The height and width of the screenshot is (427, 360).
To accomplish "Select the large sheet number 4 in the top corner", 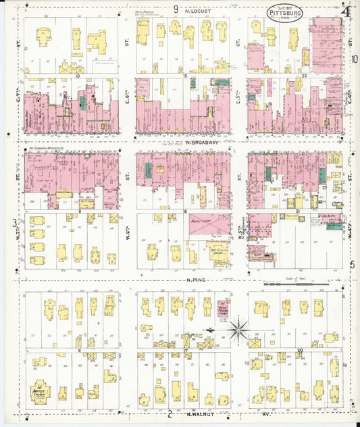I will (x=346, y=11).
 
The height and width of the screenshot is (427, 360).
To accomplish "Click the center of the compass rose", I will (x=238, y=330).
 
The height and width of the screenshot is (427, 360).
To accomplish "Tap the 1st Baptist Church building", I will (x=42, y=392).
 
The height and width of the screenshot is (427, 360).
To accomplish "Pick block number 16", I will (x=184, y=211).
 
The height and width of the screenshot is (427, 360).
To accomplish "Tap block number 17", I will (x=185, y=350).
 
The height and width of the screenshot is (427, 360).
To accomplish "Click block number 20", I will (x=299, y=350).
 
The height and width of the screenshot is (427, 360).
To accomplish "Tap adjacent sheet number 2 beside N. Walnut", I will (x=171, y=413).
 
